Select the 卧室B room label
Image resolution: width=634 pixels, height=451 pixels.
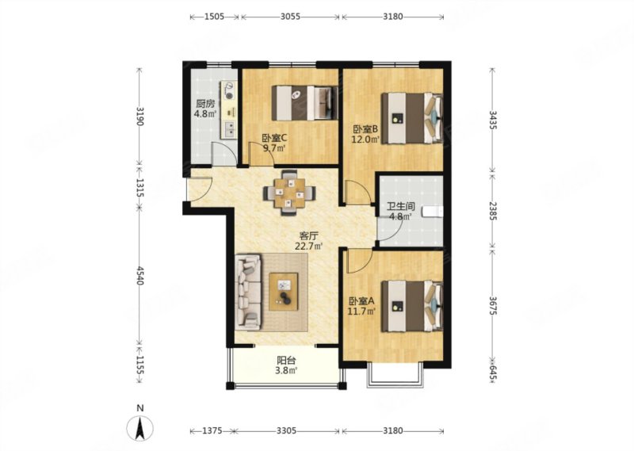pos(365,129)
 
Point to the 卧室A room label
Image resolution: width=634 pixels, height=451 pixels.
pos(362,301)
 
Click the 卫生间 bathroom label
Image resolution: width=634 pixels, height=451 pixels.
pos(401,206)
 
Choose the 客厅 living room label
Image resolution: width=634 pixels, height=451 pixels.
pos(307,235)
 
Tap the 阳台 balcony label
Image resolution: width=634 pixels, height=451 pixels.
pos(286,360)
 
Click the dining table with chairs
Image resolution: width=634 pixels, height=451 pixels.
pos(289,193)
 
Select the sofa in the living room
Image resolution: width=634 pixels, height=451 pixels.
pos(248,290)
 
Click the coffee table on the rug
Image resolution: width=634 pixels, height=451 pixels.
pos(284,292)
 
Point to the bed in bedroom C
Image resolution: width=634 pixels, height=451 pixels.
pos(304,102)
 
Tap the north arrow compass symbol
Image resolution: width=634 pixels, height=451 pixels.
pos(140,425)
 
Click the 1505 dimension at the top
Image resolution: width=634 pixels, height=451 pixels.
pos(214,17)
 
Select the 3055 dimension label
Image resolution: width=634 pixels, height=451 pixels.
pos(290,17)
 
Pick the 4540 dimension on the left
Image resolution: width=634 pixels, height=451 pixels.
pos(140,276)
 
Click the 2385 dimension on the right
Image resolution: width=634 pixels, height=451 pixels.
pos(492,211)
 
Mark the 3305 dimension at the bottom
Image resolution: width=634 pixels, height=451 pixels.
pos(286,430)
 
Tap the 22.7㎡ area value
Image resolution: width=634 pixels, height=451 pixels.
pos(309,246)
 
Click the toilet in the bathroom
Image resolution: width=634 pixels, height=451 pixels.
pos(433,212)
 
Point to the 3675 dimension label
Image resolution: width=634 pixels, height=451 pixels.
pos(492,306)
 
